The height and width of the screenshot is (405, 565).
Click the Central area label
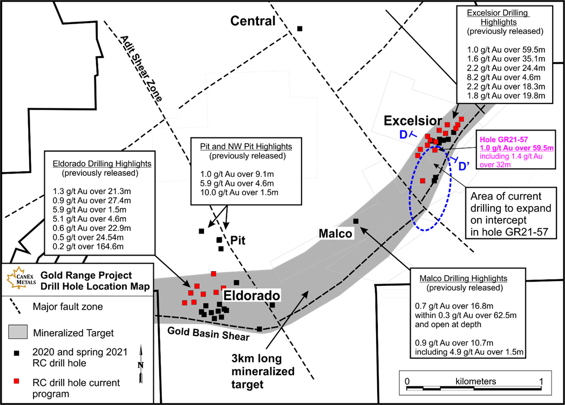pos(253,21)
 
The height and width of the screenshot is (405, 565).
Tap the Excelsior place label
pos(413,121)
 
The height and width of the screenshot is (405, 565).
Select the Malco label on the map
pos(335,234)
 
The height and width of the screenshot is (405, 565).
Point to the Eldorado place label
pos(251,296)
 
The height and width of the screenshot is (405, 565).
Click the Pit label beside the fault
pos(238,240)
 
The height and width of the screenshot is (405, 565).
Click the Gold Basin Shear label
pos(208,333)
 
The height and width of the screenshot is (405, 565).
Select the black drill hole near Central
pos(299,29)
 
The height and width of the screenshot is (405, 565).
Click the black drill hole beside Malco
pos(356,221)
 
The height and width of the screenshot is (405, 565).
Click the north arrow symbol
pos(141,363)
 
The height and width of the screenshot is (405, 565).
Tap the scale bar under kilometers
pos(474,388)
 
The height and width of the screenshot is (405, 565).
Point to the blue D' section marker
pos(464,166)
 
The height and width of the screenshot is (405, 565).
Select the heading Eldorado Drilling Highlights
pos(102,164)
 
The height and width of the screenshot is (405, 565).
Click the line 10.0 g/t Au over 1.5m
pos(239,193)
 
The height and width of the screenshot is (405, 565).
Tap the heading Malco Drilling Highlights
pos(463,279)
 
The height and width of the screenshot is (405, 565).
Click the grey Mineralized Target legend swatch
pos(18,332)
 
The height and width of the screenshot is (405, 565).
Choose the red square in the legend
pos(16,381)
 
